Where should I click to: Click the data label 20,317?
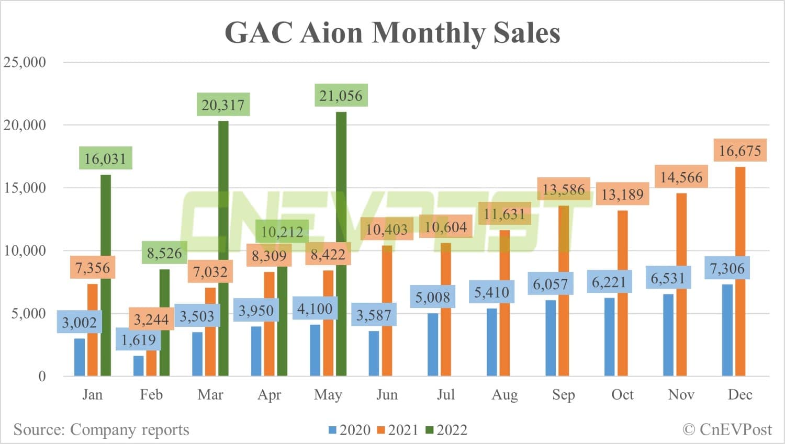(223, 105)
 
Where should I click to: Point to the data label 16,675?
(739, 151)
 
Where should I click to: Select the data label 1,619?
(138, 340)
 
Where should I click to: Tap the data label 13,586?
(563, 189)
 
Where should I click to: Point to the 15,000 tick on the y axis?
(25, 188)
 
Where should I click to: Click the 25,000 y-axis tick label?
(25, 62)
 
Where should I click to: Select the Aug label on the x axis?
(504, 394)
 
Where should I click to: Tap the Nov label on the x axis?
(681, 394)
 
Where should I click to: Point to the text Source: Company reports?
(101, 429)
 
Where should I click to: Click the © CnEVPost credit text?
(727, 429)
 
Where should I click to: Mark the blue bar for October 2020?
(609, 337)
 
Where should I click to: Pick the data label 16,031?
(105, 158)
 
